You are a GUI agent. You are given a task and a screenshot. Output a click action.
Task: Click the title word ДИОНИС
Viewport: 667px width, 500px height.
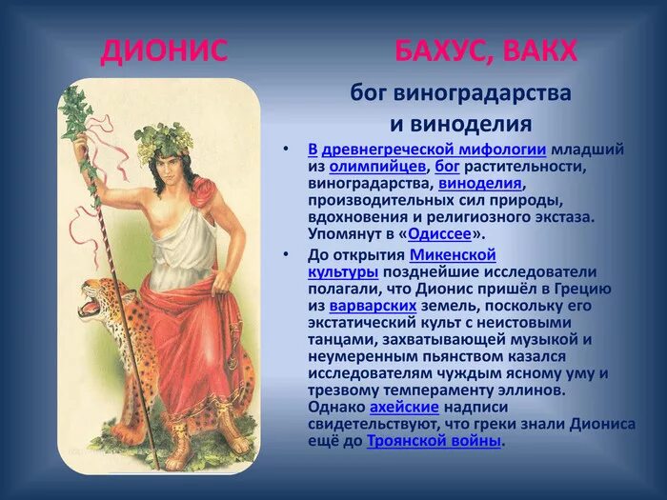click(164, 50)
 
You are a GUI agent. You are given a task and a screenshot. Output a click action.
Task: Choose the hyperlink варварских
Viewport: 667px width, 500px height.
click(373, 306)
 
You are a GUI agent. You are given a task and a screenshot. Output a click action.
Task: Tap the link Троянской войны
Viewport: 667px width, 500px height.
click(434, 441)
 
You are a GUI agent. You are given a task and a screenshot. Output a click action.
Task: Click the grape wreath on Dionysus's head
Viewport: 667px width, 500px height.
click(163, 140)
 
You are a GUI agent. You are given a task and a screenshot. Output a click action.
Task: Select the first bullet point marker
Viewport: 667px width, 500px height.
click(285, 150)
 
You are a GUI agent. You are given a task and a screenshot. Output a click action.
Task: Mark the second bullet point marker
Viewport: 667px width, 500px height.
click(285, 254)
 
